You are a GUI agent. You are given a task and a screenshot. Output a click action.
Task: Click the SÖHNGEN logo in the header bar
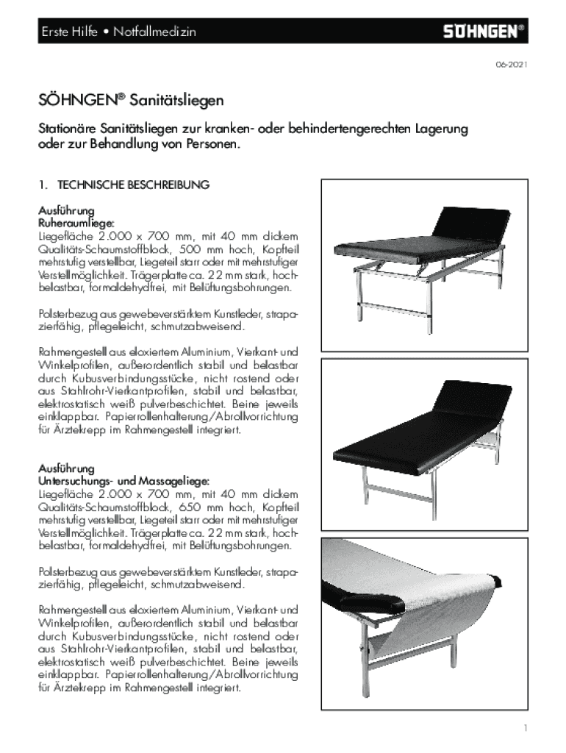coord(482,32)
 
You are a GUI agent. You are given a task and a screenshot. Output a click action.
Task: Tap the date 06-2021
coord(510,65)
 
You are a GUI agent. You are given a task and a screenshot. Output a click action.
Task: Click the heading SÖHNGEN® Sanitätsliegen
coord(132,99)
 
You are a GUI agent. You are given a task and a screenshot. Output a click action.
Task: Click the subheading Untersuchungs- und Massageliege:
coord(117,479)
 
